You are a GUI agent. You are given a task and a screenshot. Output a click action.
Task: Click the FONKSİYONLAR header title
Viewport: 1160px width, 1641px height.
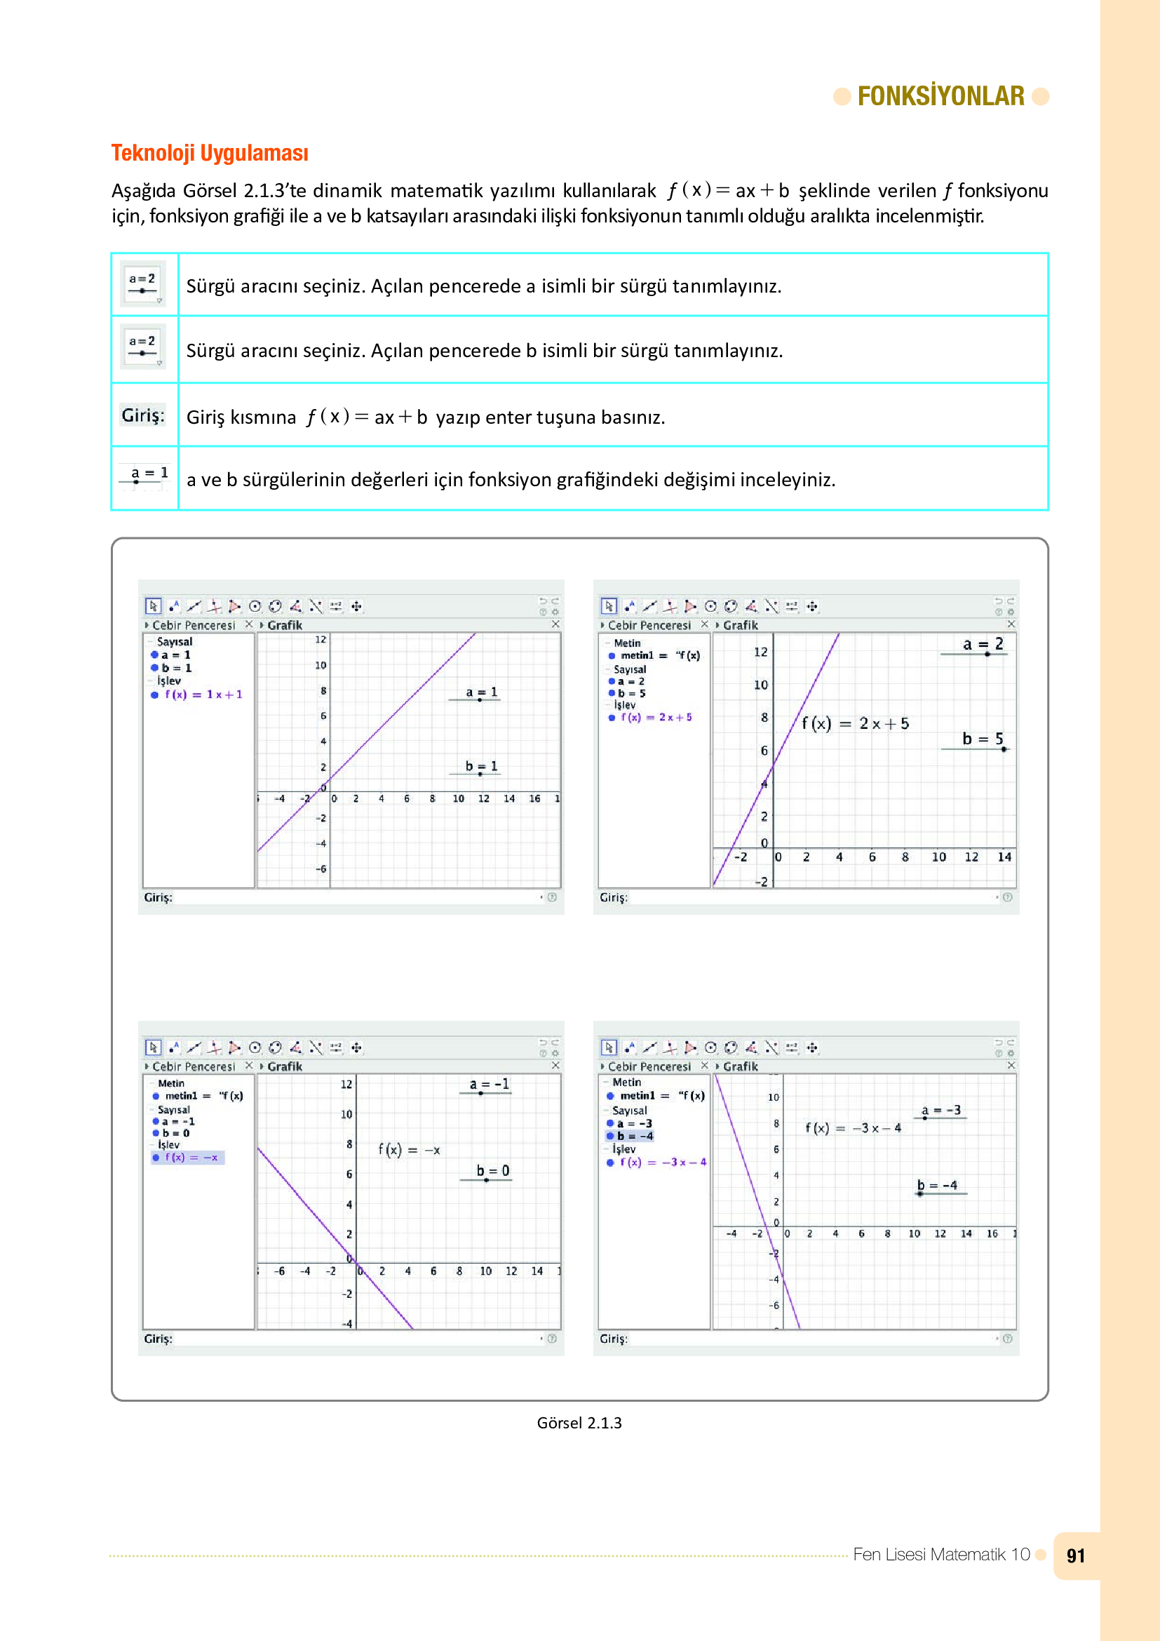coord(940,96)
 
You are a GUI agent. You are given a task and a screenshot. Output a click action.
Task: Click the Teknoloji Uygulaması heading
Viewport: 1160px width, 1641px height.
coord(209,153)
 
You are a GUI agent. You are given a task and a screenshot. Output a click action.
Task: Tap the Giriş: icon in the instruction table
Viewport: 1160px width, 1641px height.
coord(143,415)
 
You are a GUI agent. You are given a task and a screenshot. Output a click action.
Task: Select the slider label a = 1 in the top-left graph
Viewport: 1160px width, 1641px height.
coord(480,692)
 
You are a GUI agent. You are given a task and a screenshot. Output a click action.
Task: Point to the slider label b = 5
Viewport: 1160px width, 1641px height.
coord(982,738)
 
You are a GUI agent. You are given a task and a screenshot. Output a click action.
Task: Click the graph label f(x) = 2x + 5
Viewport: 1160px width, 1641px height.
coord(854,723)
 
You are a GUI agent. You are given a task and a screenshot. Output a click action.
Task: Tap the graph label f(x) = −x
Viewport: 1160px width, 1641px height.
coord(409,1150)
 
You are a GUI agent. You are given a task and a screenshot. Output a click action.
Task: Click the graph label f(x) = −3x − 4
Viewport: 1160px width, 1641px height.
coord(853,1128)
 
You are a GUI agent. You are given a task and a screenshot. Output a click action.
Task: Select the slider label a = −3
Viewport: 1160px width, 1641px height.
coord(940,1110)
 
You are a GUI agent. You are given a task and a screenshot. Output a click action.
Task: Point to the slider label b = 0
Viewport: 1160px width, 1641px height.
coord(492,1171)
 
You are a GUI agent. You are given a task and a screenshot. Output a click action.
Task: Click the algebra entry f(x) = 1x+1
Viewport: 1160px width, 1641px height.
coord(203,694)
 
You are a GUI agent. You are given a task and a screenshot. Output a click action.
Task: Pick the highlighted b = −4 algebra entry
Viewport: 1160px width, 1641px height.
coord(634,1136)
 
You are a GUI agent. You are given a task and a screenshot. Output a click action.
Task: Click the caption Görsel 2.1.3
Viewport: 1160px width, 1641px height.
coord(579,1423)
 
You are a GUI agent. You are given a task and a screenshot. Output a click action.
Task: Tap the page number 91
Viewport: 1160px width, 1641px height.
coord(1075,1556)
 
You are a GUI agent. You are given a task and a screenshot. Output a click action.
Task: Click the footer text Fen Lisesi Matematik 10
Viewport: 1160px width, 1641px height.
coord(940,1555)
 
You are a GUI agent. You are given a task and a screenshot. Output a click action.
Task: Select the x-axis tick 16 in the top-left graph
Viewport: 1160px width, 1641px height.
coord(534,798)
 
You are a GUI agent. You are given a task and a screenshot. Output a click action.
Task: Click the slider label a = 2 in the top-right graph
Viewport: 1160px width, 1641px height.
coord(982,644)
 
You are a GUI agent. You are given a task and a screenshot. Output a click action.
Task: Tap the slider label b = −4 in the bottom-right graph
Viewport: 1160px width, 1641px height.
coord(936,1185)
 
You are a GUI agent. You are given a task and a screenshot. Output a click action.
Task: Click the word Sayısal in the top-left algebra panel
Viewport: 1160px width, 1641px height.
coord(175,641)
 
